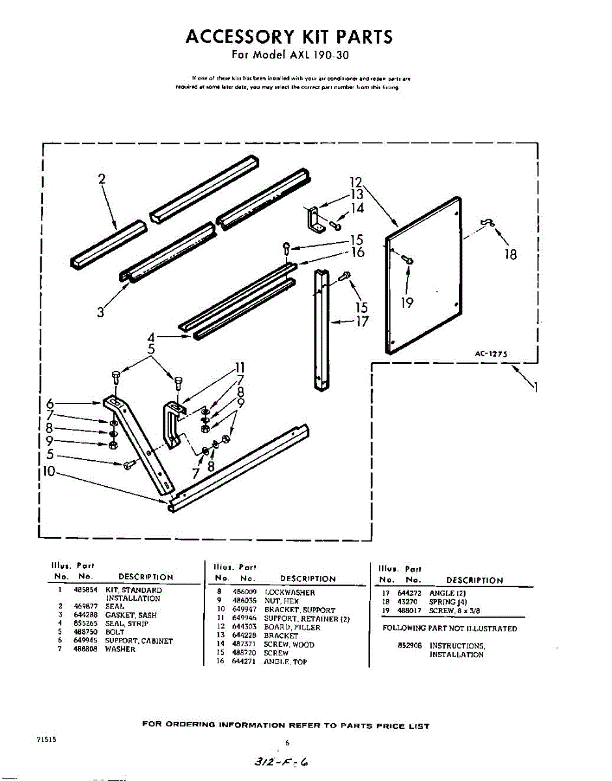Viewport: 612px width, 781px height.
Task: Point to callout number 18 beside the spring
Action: click(511, 254)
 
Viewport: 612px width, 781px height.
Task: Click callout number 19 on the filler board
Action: click(408, 301)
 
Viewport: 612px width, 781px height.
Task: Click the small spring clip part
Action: click(486, 223)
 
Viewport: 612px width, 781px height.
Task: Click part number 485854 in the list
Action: click(82, 590)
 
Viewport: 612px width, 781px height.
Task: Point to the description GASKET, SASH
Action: click(131, 615)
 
